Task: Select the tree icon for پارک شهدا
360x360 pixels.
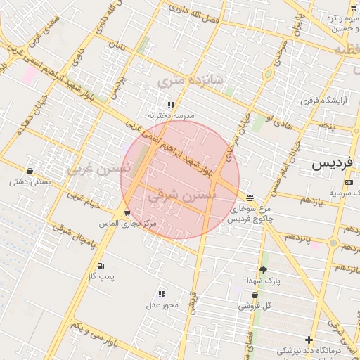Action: [263, 270]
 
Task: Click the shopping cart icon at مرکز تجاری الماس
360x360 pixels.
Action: [127, 212]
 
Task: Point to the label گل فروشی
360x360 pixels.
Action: [254, 306]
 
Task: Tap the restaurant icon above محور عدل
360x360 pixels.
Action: [162, 294]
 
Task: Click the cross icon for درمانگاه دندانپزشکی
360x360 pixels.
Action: [309, 340]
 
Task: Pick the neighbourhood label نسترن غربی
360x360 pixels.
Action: [99, 169]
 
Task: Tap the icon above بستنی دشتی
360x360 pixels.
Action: [30, 171]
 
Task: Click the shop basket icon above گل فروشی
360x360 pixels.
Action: [254, 295]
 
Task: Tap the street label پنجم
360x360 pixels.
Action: [325, 126]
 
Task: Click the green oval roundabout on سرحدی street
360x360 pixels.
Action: [267, 74]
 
